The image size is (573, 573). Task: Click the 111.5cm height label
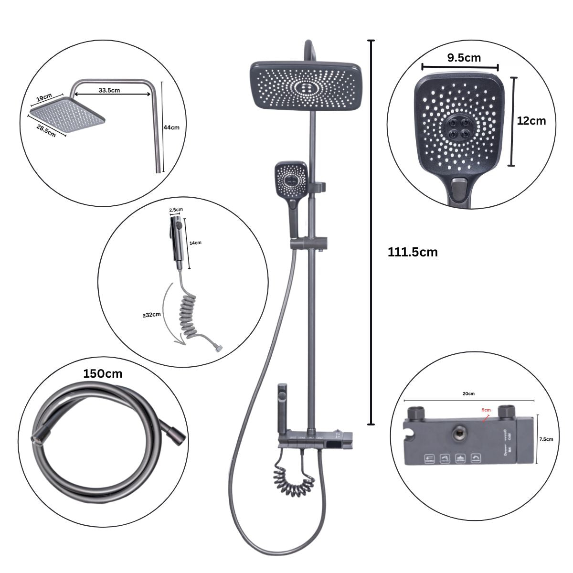413,252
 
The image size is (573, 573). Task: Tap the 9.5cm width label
464,58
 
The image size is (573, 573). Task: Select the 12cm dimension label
531,120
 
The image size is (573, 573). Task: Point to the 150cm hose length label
103,373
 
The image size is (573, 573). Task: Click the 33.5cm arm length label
109,90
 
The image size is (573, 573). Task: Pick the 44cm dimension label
171,127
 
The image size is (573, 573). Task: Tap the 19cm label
43,97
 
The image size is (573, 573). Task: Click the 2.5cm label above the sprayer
176,209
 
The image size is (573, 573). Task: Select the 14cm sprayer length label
195,243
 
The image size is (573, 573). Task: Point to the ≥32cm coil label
151,315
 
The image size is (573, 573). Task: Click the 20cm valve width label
468,393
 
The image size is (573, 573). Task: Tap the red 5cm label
486,410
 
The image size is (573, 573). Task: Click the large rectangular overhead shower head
306,86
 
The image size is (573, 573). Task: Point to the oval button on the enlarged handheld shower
460,184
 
